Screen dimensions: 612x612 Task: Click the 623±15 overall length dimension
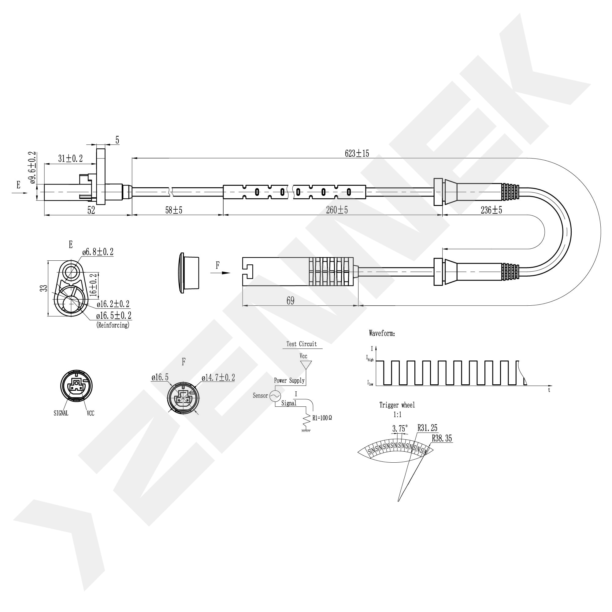(x=357, y=154)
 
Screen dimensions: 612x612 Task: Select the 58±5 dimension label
(x=174, y=210)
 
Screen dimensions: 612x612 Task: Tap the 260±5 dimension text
(x=337, y=210)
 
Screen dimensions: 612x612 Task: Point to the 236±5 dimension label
(x=491, y=210)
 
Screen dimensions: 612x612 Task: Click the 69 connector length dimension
(x=290, y=300)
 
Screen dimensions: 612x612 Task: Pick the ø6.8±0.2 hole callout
(x=98, y=252)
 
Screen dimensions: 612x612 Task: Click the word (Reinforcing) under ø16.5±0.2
(x=113, y=325)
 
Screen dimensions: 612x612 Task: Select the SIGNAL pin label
(x=61, y=413)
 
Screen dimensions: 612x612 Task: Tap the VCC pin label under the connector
(x=90, y=413)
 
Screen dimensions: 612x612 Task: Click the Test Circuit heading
(x=301, y=344)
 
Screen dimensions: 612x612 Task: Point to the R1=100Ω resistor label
(x=322, y=418)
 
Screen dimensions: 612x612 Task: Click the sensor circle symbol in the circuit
(x=275, y=396)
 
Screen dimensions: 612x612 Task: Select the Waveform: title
(x=382, y=333)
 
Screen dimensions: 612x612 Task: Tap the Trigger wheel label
(x=397, y=405)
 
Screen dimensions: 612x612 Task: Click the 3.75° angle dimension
(x=400, y=429)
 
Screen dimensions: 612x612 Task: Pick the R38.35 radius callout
(x=442, y=438)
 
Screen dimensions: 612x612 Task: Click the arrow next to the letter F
(x=224, y=273)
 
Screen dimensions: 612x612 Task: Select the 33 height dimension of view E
(x=45, y=288)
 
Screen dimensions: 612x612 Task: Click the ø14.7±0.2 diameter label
(x=218, y=378)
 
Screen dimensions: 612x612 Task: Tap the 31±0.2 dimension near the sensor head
(x=70, y=159)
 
